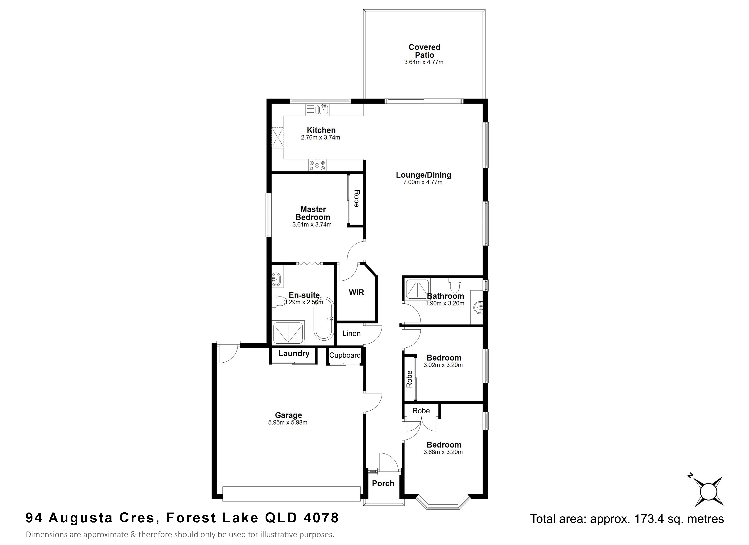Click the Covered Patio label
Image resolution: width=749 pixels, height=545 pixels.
(424, 51)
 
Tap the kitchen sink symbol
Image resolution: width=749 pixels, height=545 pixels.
(317, 110)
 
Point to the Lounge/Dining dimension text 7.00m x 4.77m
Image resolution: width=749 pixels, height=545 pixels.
(423, 182)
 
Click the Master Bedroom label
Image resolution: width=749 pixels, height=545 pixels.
(313, 213)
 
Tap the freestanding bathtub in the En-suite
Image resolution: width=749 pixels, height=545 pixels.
(324, 319)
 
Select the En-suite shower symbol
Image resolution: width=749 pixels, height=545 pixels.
(288, 332)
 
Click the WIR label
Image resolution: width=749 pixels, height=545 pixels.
(356, 292)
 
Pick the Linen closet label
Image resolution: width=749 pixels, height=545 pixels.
(351, 334)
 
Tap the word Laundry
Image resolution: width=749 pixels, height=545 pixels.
(294, 353)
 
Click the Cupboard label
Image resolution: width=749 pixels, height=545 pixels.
(345, 355)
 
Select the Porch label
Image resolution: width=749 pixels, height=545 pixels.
(383, 483)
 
